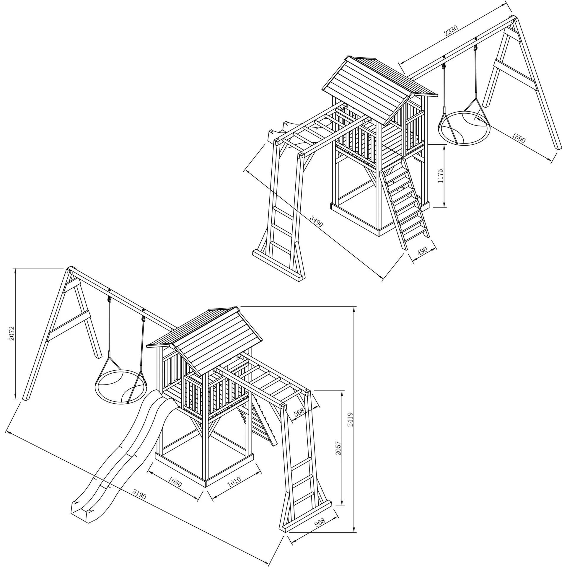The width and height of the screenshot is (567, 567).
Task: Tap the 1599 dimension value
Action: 519,138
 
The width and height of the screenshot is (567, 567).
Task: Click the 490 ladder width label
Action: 423,251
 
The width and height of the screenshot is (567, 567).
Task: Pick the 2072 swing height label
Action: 11,333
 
